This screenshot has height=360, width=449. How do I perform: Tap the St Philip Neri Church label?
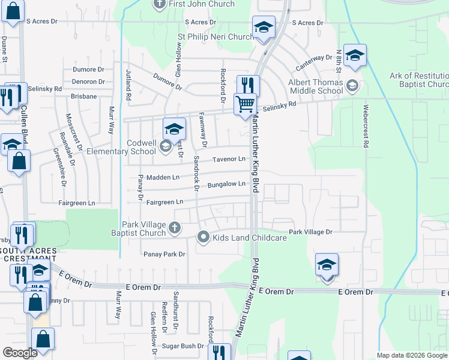tap(215, 37)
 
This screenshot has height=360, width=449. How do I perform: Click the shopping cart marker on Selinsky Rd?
tap(246, 104)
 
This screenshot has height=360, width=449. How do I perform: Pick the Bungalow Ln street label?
tap(226, 184)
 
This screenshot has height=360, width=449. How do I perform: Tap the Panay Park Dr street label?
tap(164, 254)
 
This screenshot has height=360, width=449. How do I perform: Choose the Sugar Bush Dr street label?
tap(184, 346)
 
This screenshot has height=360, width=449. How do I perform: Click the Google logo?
tap(20, 352)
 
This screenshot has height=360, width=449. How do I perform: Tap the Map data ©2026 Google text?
tap(412, 355)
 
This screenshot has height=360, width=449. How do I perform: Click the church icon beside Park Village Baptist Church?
tap(174, 227)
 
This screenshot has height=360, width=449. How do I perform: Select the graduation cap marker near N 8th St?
tap(355, 56)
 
